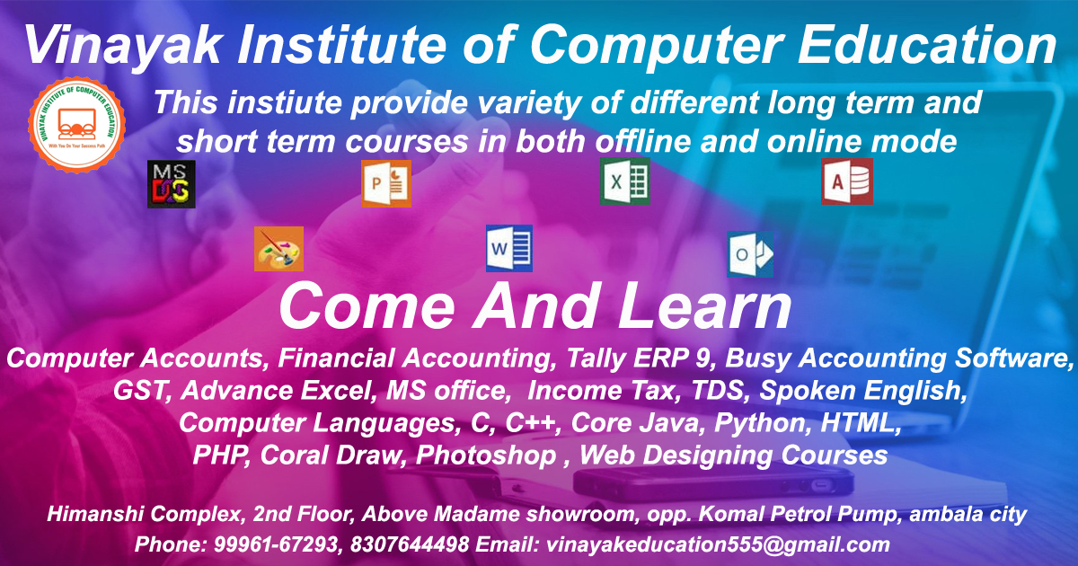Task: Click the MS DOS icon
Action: (172, 184)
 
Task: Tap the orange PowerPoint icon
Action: (386, 184)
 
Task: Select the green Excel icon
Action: (625, 181)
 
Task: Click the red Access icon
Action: (847, 181)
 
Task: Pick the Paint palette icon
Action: (279, 249)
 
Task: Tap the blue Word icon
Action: (509, 248)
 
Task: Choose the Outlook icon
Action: (750, 254)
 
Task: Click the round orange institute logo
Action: (77, 125)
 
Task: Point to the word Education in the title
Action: (927, 44)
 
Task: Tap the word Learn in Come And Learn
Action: (705, 306)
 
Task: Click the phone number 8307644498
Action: (410, 544)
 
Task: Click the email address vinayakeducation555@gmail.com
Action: (718, 545)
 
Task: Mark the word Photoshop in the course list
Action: (486, 455)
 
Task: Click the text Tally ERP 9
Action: (638, 358)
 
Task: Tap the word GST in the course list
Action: (140, 390)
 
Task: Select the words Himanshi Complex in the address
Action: (144, 515)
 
